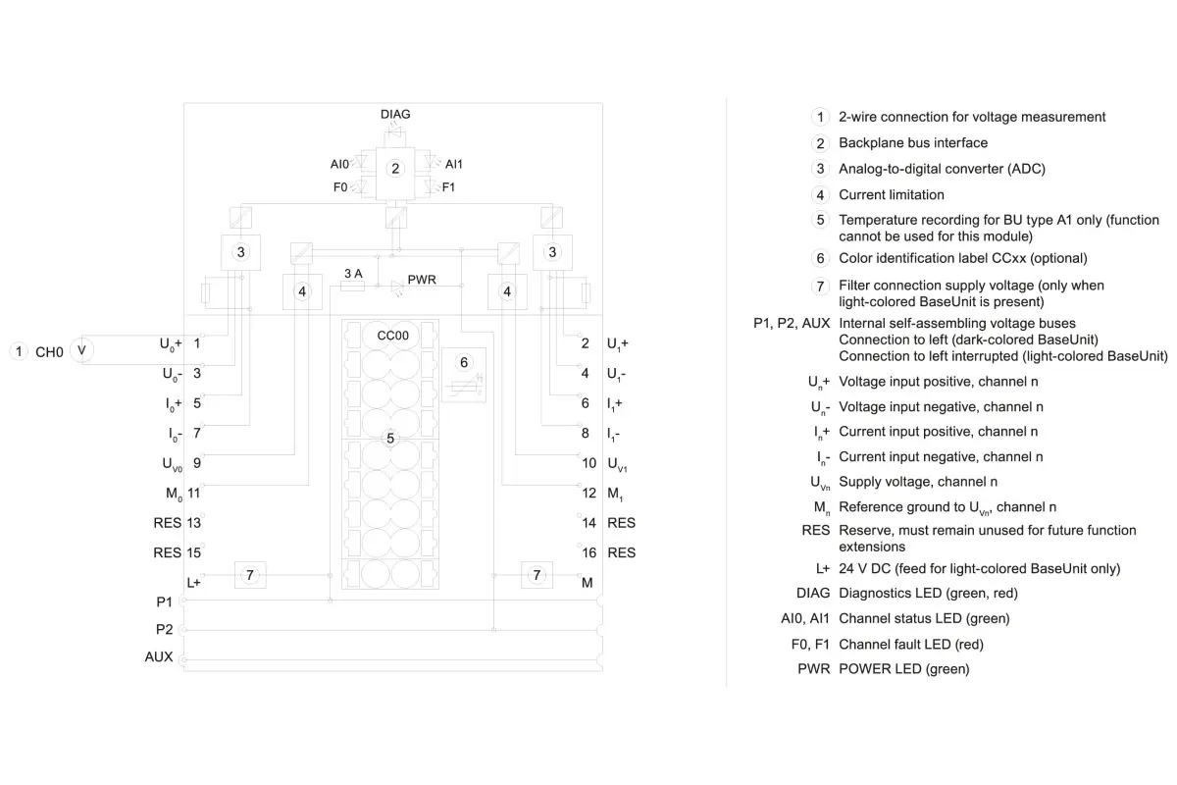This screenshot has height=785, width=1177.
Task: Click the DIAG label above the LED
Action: point(395,114)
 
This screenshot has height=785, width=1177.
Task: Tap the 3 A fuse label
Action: point(353,274)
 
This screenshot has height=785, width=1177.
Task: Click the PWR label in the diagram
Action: point(422,280)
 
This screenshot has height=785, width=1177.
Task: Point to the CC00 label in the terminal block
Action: point(392,336)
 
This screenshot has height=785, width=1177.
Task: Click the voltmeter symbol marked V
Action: point(81,350)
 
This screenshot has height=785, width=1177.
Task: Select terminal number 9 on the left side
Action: point(196,463)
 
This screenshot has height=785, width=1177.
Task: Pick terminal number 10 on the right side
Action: point(589,463)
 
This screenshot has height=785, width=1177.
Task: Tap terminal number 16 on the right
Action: point(589,552)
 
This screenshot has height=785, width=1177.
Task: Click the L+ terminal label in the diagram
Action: point(193,583)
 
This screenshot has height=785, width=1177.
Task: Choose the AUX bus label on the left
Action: point(159,656)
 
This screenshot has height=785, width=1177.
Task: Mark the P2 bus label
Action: point(164,629)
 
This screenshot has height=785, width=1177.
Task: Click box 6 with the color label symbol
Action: point(463,375)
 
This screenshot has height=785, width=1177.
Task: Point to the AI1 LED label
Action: point(453,164)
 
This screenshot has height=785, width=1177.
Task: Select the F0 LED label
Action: point(340,187)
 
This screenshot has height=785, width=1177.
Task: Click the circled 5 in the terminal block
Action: point(390,438)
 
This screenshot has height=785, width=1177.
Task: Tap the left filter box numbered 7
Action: point(250,575)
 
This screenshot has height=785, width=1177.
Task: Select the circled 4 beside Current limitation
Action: point(820,195)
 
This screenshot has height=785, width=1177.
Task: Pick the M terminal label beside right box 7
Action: point(587,583)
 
